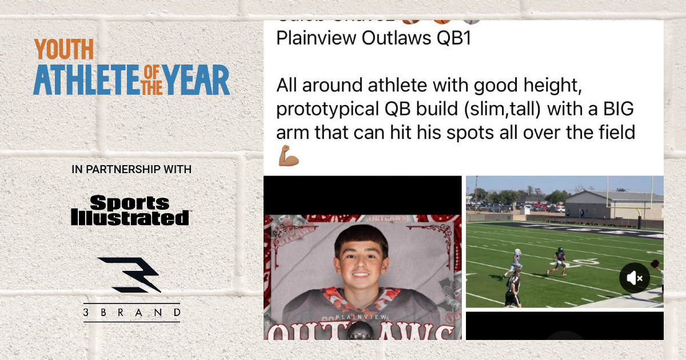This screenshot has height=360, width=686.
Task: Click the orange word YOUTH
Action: [x=63, y=50]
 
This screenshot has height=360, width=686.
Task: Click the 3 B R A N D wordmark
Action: [x=131, y=313]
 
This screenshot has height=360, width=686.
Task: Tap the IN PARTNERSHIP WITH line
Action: [x=131, y=170]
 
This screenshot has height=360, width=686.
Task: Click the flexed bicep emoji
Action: [x=288, y=155]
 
